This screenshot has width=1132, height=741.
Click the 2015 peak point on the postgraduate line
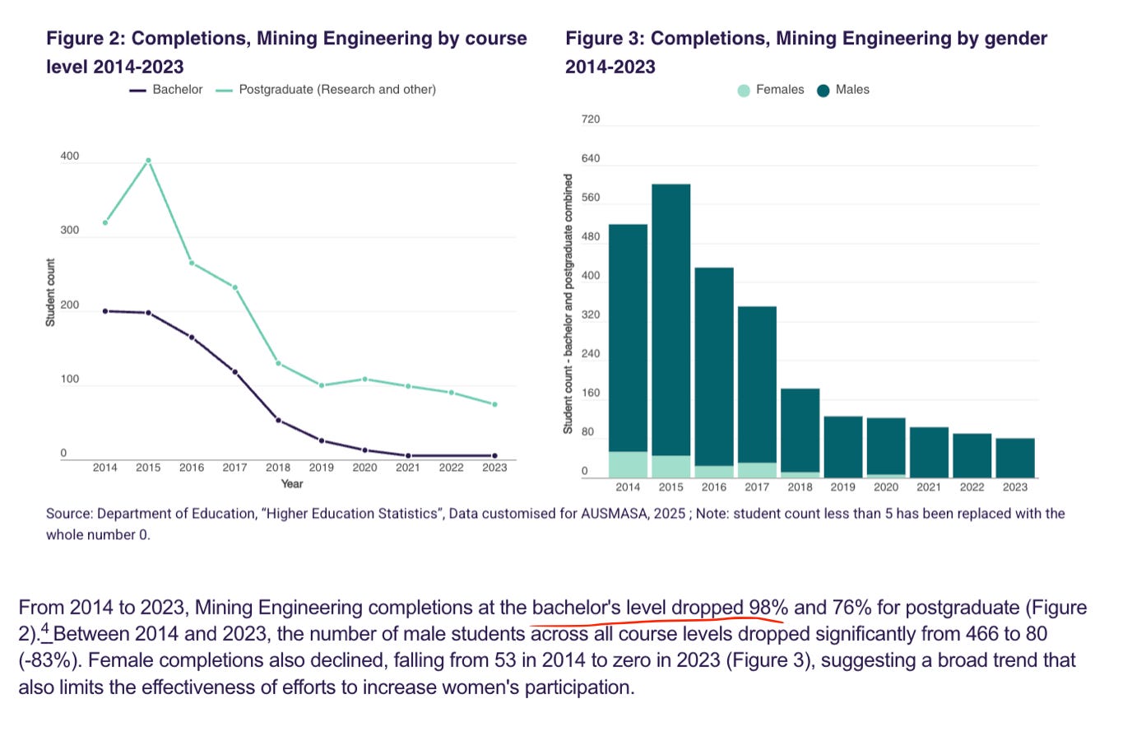coord(148,161)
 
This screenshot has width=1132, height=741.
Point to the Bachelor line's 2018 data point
coord(278,421)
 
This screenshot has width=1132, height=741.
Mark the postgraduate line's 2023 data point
coord(494,404)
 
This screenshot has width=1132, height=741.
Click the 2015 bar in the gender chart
coord(671,321)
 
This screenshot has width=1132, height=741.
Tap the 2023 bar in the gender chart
coord(1015,458)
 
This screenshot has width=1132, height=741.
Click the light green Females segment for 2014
coord(628,464)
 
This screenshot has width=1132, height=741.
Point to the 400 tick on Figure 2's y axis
coord(70,156)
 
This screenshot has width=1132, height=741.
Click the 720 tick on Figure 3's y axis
coord(591,119)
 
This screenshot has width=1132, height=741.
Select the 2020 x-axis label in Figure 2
coord(364,468)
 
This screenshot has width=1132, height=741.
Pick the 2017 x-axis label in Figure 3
coord(757,487)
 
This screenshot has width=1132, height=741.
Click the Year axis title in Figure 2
coord(292,484)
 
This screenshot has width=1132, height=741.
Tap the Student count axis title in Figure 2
coord(50,292)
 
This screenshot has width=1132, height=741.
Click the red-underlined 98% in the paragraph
coord(768,608)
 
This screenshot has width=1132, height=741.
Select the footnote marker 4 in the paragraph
coord(46,630)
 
